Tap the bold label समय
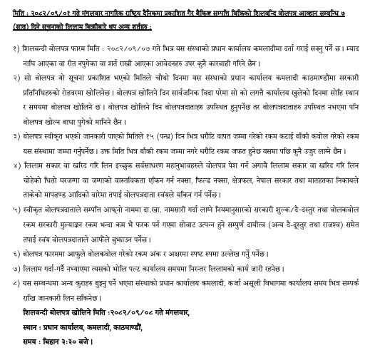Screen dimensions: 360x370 [x=32, y=341]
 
